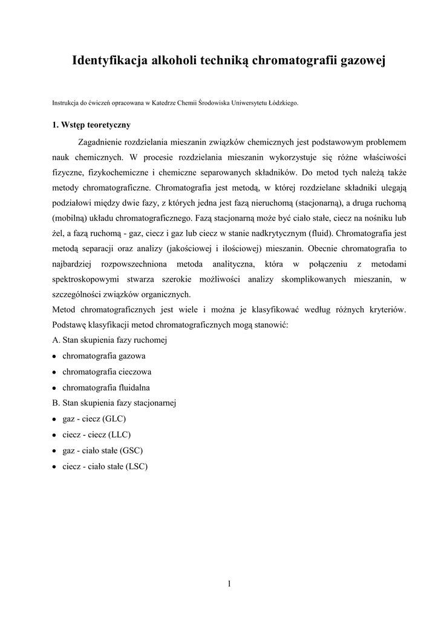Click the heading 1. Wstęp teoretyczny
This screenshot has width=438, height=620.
tap(91, 125)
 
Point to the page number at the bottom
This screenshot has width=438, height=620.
tap(229, 584)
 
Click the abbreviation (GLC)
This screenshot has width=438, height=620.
tap(114, 418)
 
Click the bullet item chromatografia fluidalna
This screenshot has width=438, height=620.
tap(106, 387)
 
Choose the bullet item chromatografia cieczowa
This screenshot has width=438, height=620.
tap(106, 371)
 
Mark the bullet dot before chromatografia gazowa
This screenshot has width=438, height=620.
tap(54, 356)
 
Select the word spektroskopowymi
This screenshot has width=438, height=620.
tap(89, 279)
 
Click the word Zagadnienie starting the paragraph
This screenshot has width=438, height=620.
tap(108, 142)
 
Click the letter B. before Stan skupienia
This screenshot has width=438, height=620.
tap(56, 403)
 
